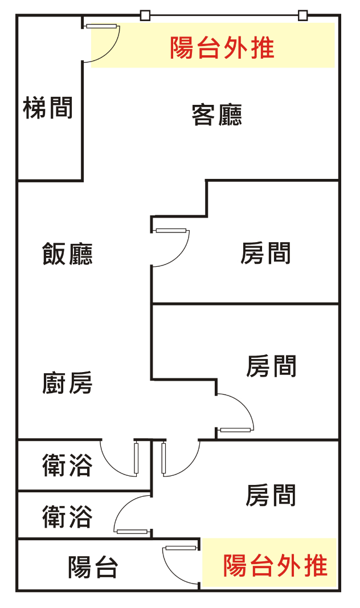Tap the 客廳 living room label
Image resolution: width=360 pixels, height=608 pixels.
(216, 115)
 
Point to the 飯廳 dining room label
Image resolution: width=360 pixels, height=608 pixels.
(67, 254)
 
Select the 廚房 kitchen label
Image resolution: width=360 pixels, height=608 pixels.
(67, 383)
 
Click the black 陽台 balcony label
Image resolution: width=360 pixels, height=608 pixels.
(93, 567)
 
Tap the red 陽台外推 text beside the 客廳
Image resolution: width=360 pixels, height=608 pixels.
(222, 48)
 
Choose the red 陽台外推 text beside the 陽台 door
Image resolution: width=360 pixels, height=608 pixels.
(275, 566)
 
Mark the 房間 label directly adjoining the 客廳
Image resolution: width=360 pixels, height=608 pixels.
(265, 253)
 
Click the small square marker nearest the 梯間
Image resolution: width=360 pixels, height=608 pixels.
(145, 15)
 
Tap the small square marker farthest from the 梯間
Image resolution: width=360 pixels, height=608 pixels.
(303, 15)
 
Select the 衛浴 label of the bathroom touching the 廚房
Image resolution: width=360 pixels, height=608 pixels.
(67, 466)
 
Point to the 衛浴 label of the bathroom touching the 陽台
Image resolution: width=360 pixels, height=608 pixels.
(67, 517)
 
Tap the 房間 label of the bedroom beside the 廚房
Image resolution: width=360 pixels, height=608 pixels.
(271, 366)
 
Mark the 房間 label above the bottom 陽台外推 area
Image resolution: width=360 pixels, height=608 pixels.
(271, 496)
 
